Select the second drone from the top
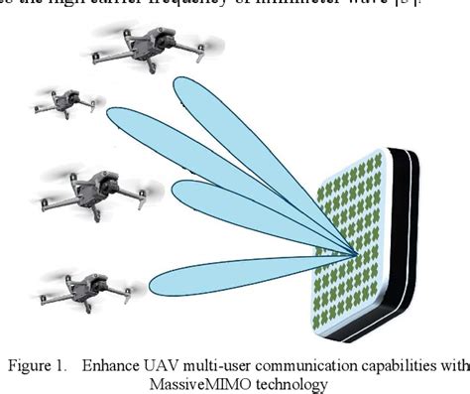(x=68, y=100)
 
